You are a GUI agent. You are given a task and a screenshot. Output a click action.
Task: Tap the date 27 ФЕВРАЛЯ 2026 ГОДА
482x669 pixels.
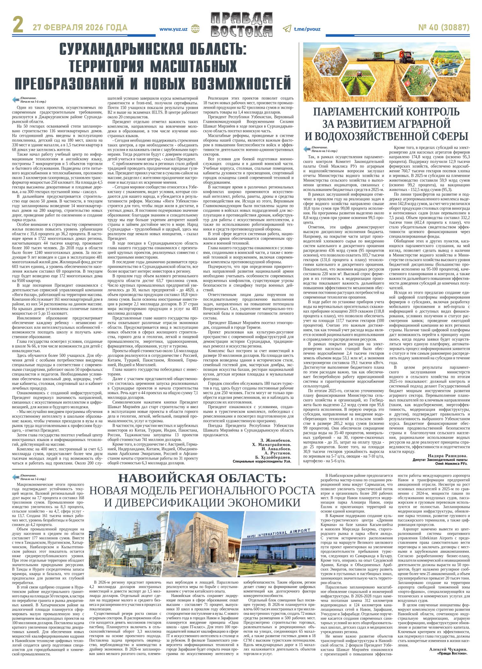click(80, 28)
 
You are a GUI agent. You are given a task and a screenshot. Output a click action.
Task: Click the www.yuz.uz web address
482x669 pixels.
click(173, 29)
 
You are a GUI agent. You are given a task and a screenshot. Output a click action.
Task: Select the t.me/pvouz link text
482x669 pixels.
click(307, 29)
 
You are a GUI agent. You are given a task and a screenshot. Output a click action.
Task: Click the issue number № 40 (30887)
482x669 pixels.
click(444, 28)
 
